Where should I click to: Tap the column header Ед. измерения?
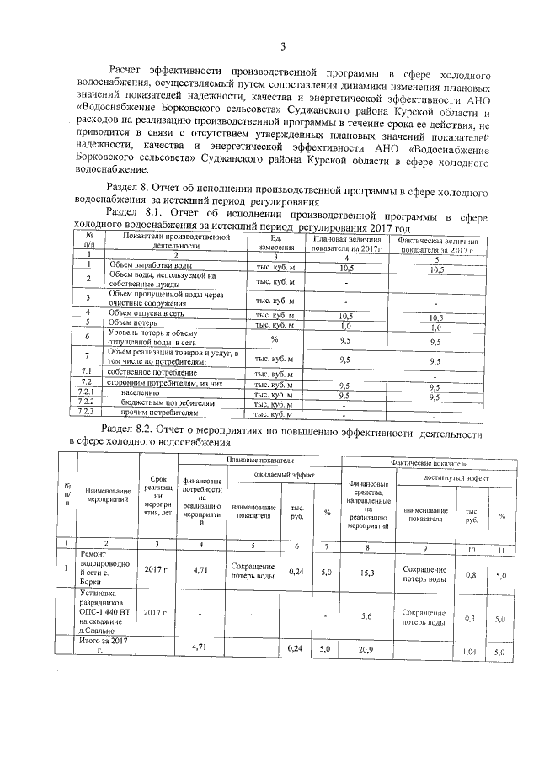[x=275, y=243]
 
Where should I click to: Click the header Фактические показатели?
[x=427, y=462]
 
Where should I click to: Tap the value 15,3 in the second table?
[x=366, y=572]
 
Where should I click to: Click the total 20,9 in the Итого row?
[x=366, y=649]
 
